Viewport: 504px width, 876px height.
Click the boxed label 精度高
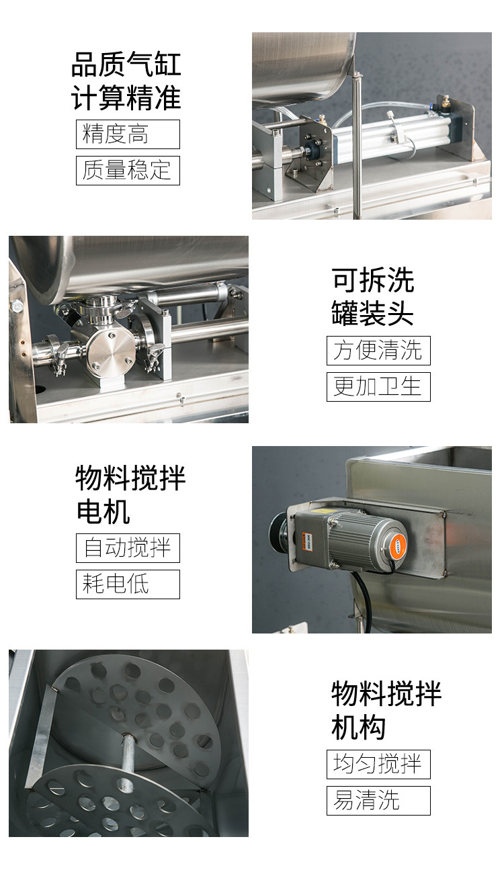click(x=128, y=134)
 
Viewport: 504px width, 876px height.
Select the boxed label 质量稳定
click(x=128, y=171)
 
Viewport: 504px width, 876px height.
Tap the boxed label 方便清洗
click(x=378, y=351)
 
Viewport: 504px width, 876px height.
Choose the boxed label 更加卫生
click(x=378, y=387)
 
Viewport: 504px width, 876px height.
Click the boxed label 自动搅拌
click(x=128, y=548)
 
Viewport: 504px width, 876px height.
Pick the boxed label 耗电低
click(x=128, y=584)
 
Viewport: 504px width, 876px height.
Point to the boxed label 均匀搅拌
click(x=378, y=764)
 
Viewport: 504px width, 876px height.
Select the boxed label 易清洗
click(x=378, y=801)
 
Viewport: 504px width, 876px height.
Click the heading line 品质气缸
click(x=126, y=64)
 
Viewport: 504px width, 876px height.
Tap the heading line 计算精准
click(x=126, y=98)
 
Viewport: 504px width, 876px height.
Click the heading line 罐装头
click(x=372, y=313)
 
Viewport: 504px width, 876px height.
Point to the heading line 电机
click(x=103, y=512)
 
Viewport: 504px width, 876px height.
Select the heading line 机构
click(x=358, y=728)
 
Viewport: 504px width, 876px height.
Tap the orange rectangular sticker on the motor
click(x=307, y=541)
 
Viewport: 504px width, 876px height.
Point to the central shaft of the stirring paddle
click(x=128, y=756)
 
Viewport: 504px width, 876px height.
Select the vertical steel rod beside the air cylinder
click(x=357, y=144)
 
